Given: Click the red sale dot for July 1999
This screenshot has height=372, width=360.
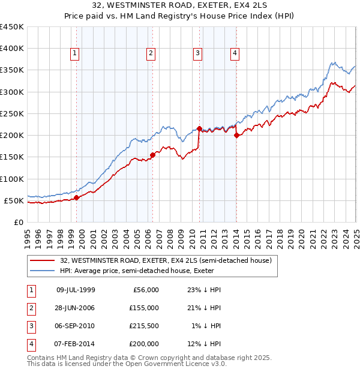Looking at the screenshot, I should click(x=76, y=197).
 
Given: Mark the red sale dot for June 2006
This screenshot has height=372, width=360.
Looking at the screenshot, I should click(x=152, y=155).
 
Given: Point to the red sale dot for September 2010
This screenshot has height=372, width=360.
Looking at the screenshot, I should click(x=199, y=128).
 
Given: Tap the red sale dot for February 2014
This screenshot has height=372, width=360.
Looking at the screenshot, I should click(x=236, y=135).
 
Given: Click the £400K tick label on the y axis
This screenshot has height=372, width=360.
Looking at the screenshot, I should click(x=11, y=49).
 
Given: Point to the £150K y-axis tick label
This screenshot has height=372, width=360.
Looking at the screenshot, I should click(x=11, y=157).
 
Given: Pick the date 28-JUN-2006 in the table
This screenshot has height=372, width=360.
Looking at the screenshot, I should click(x=76, y=307).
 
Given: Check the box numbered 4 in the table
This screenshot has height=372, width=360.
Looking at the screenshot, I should click(x=30, y=344).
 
